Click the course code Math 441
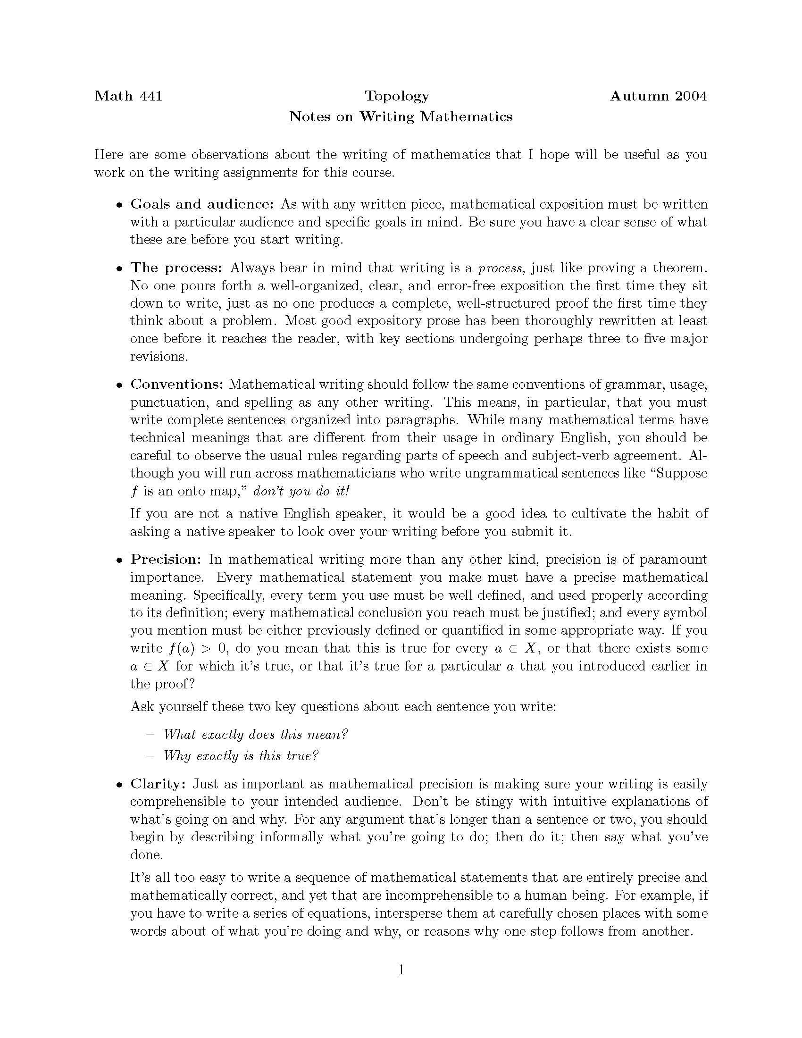coord(128,96)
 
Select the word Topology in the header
coord(397,96)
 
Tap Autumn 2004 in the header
coord(658,96)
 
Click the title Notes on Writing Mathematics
coord(401,117)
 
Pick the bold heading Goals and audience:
coord(202,204)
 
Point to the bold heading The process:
coord(176,268)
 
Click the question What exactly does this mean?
coord(256,734)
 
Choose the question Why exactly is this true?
coord(241,756)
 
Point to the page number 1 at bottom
coord(401,970)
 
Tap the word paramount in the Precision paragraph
coord(673,560)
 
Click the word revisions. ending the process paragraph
coord(159,356)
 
